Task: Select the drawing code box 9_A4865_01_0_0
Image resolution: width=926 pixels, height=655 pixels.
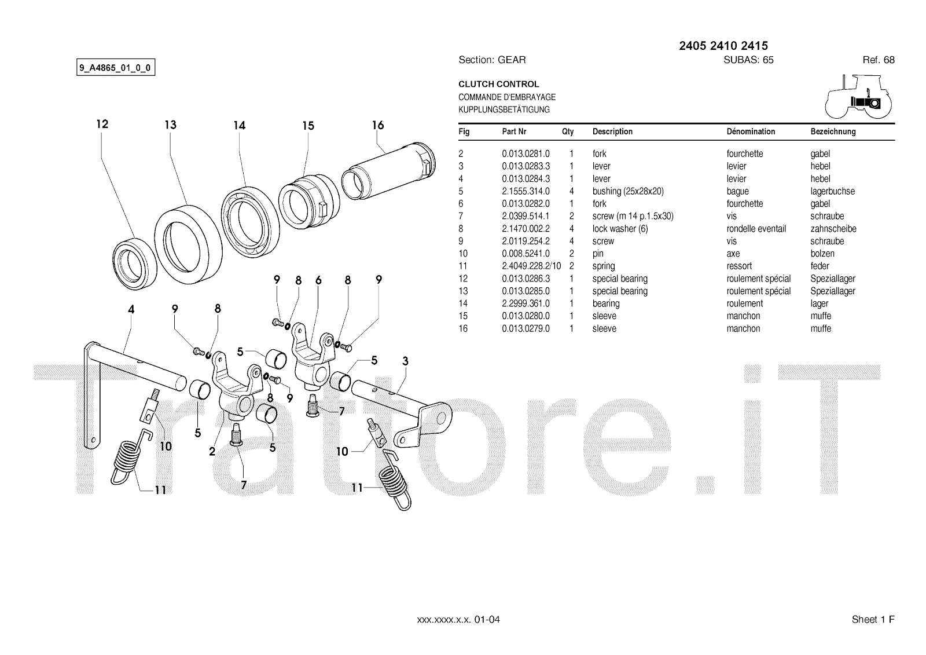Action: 116,68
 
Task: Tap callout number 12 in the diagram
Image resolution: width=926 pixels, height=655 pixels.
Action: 102,124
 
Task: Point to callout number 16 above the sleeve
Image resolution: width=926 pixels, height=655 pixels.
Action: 378,125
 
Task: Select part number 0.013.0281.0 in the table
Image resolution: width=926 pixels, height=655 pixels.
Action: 526,153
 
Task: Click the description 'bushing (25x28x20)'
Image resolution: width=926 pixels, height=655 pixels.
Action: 628,191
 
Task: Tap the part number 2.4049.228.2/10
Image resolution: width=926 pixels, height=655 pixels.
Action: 531,266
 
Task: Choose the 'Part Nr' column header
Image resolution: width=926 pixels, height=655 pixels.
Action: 514,131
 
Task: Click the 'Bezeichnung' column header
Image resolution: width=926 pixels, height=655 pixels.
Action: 833,131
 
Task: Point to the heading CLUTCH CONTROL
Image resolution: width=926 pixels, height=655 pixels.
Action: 498,84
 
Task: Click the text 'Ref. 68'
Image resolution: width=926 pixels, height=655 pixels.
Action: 879,60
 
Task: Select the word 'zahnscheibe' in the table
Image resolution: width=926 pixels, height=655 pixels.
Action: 833,229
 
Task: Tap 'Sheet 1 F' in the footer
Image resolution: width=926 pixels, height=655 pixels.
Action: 873,620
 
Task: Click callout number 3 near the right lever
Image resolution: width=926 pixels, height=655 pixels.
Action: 405,361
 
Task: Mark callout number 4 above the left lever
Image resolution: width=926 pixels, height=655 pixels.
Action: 131,310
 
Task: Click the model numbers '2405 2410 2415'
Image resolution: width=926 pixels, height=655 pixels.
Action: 723,46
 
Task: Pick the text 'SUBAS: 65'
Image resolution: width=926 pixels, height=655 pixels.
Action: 748,60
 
